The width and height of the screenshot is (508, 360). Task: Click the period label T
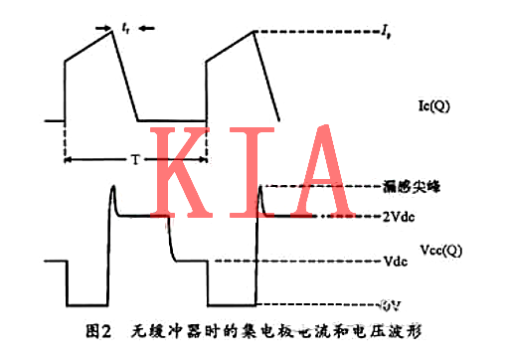tap(135, 160)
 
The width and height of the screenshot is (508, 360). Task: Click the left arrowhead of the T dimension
tap(68, 160)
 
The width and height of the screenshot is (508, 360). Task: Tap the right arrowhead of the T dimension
tap(204, 160)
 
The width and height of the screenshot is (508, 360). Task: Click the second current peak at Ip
tap(255, 33)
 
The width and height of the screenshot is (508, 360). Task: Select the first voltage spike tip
tap(112, 186)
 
